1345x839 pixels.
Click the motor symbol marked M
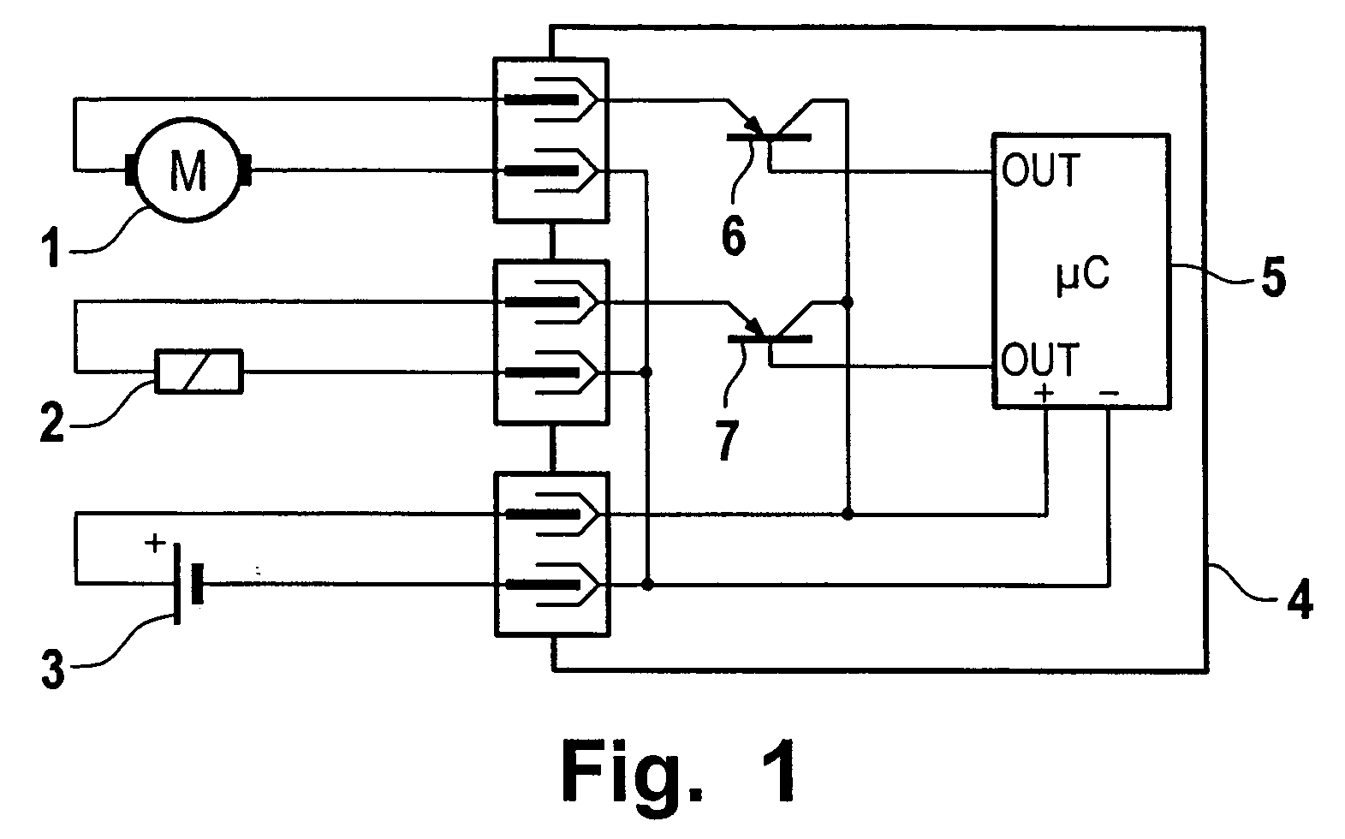188,170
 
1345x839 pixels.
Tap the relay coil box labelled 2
199,372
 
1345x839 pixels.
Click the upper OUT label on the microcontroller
1041,170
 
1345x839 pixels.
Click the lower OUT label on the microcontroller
1040,359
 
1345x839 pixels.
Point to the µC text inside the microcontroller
1083,277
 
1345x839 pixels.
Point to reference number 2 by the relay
51,423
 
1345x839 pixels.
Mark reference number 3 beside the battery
53,669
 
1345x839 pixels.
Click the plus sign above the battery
155,544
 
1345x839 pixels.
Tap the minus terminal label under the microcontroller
1109,393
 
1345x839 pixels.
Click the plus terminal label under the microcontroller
1044,393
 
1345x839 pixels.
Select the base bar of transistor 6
769,138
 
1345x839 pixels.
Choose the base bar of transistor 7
770,339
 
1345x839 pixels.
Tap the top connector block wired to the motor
551,140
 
